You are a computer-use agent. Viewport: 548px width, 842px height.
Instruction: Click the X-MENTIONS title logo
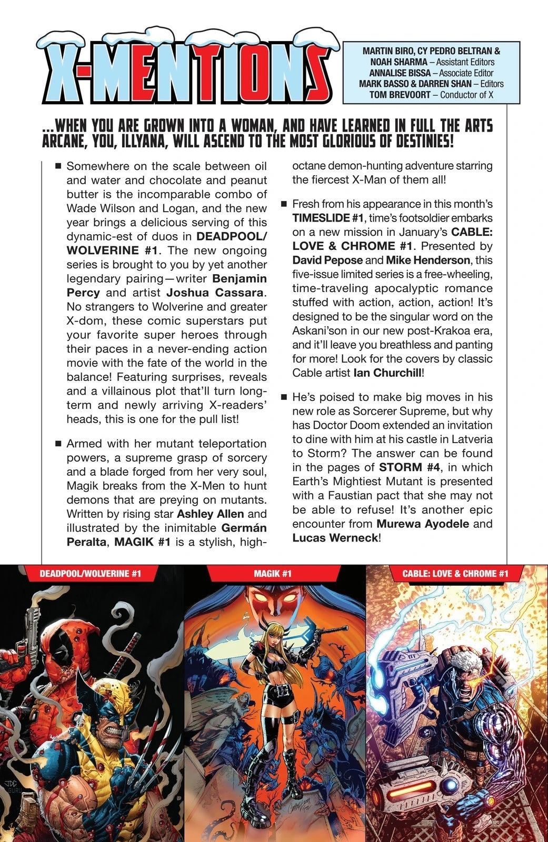(x=182, y=68)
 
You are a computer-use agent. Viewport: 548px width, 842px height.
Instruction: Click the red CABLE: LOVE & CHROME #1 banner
(x=457, y=574)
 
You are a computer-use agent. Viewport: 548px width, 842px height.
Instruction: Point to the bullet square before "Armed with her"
(x=58, y=444)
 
